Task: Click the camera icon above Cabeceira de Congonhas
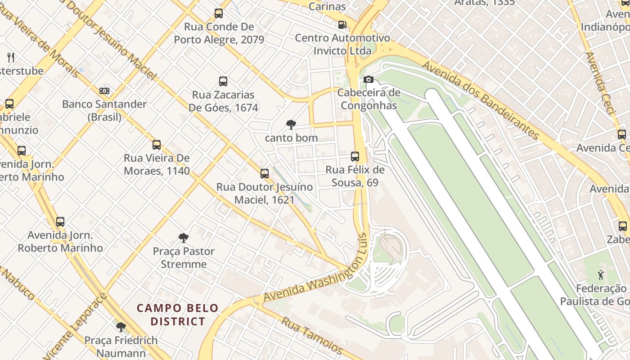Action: [x=368, y=80]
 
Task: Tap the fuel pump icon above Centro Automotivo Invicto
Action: [x=342, y=24]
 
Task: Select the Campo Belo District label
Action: [x=178, y=315]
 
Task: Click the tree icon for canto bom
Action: [x=291, y=125]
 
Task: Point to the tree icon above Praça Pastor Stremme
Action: [x=183, y=238]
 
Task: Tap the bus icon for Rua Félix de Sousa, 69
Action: [x=355, y=157]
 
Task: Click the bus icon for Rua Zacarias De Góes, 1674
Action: [x=223, y=81]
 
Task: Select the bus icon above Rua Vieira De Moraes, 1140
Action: [x=157, y=145]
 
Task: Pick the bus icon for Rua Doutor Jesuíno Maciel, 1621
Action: [x=265, y=173]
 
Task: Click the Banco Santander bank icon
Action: [x=104, y=91]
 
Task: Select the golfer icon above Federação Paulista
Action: [x=600, y=274]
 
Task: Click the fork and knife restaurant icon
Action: [x=11, y=57]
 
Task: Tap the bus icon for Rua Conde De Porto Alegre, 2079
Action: [x=219, y=13]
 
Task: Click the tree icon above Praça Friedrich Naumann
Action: [x=121, y=327]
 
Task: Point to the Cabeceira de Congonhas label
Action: [x=369, y=99]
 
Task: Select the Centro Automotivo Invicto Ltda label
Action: [x=342, y=44]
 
